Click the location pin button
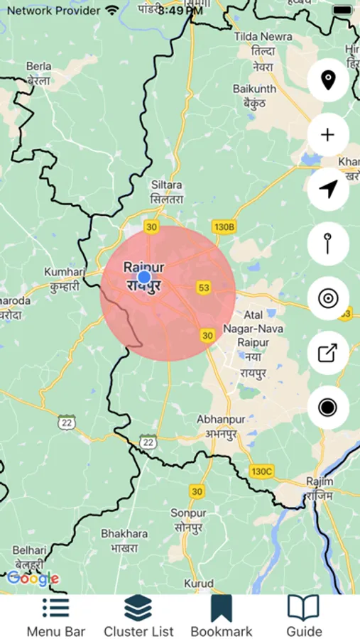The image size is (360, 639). click(327, 81)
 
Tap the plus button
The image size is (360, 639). click(327, 135)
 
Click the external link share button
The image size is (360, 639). click(327, 353)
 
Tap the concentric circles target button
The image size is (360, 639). click(327, 298)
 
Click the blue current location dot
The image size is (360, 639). click(144, 277)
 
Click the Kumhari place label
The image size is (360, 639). click(65, 278)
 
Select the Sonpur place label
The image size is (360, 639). click(190, 520)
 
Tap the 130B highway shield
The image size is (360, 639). click(223, 226)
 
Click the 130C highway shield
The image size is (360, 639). click(261, 471)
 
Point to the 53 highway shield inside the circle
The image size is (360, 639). click(204, 288)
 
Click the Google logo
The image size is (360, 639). click(33, 579)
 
